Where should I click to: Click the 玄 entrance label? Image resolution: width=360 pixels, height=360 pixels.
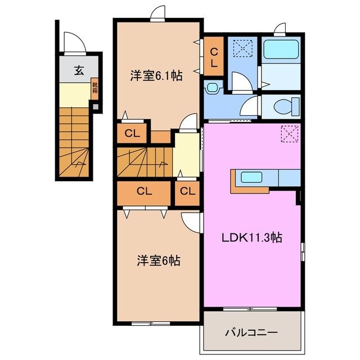tap(79, 71)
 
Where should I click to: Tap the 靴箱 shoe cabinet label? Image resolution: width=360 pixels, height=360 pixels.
tap(95, 88)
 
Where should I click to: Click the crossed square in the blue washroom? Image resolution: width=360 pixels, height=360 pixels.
tap(243, 48)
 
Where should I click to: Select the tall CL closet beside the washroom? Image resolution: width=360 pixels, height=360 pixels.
tap(214, 57)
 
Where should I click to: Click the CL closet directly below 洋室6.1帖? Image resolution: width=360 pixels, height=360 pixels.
tap(132, 133)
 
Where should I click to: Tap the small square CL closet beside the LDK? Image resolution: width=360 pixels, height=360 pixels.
tap(187, 191)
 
